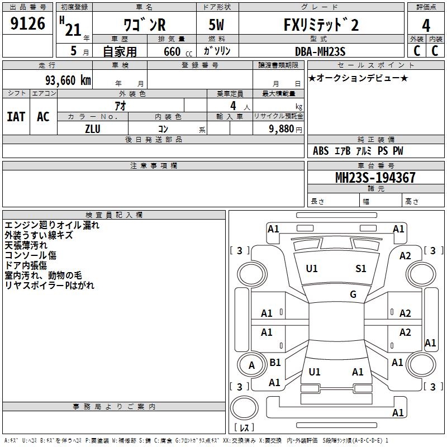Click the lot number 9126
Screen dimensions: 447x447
[x=27, y=23]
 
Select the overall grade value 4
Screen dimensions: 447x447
[x=426, y=25]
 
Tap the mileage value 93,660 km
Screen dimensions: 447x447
[x=68, y=80]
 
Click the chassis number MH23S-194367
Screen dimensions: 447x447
[x=375, y=177]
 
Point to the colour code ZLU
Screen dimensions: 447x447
[x=93, y=129]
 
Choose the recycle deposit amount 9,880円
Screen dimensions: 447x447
[x=286, y=129]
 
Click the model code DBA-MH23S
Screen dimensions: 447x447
[x=320, y=51]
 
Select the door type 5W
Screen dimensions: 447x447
[x=216, y=25]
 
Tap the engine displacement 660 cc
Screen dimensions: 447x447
[x=178, y=52]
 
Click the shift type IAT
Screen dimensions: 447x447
[x=16, y=117]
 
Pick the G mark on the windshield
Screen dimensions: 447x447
[x=353, y=294]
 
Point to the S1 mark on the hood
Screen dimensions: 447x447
[x=360, y=269]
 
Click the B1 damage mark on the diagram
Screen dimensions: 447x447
[x=275, y=362]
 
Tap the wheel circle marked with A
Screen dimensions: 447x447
[x=251, y=365]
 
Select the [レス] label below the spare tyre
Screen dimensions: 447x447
[x=244, y=427]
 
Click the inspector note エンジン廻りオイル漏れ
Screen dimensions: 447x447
[x=52, y=225]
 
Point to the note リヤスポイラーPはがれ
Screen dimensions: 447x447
[x=49, y=285]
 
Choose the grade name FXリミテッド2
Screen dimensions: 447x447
[x=321, y=25]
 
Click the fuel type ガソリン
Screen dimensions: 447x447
[x=217, y=51]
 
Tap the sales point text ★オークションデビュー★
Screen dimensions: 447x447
[x=358, y=78]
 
